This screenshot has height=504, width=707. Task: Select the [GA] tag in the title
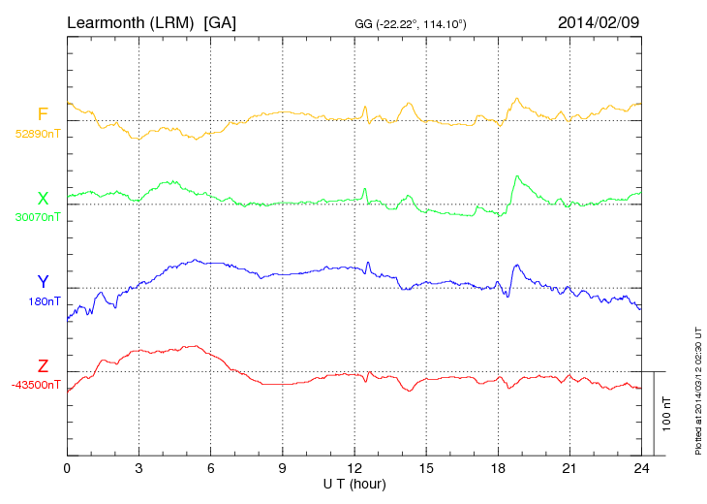220,20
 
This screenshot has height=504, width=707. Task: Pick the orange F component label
43,115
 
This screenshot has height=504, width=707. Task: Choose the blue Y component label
43,282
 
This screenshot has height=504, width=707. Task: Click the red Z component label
43,366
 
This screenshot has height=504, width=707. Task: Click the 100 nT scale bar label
666,413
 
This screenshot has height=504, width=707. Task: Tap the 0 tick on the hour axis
67,468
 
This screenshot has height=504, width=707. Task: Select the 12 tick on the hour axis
354,468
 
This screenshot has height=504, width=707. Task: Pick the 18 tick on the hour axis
498,468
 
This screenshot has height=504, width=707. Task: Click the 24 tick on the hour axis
641,468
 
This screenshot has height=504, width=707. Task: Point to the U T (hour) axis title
354,483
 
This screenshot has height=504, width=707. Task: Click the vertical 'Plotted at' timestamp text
697,392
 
